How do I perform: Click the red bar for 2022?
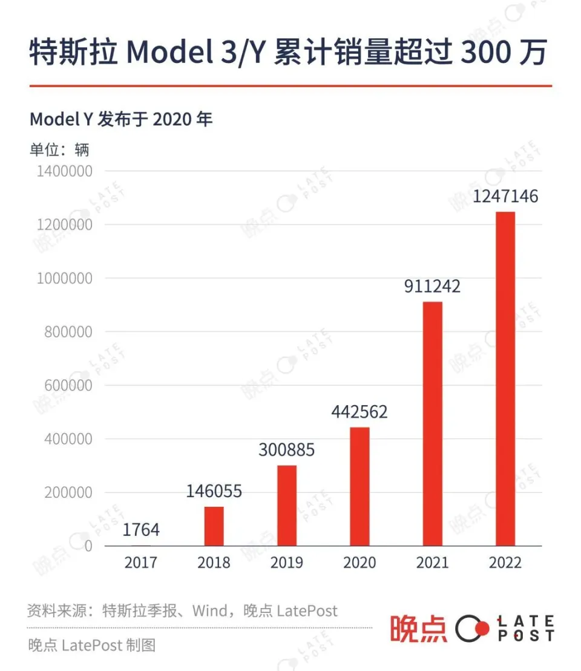pos(505,378)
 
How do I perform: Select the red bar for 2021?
pos(432,424)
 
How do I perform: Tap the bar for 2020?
pos(359,486)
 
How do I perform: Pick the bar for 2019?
pos(287,505)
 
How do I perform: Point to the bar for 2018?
pos(214,526)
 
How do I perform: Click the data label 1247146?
pos(505,197)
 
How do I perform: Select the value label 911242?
pos(432,286)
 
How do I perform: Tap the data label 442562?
pos(359,412)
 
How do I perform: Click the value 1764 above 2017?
pos(141,530)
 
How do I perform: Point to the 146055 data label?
pos(214,491)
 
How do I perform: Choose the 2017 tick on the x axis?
pos(141,563)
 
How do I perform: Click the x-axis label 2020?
pos(359,563)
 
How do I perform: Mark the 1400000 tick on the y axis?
pos(65,171)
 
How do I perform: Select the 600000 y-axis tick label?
pos(68,386)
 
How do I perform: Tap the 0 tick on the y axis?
pos(88,546)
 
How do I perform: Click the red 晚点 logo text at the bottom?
pos(418,629)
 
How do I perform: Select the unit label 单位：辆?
pos(59,148)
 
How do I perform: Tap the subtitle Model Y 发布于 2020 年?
pos(121,119)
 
